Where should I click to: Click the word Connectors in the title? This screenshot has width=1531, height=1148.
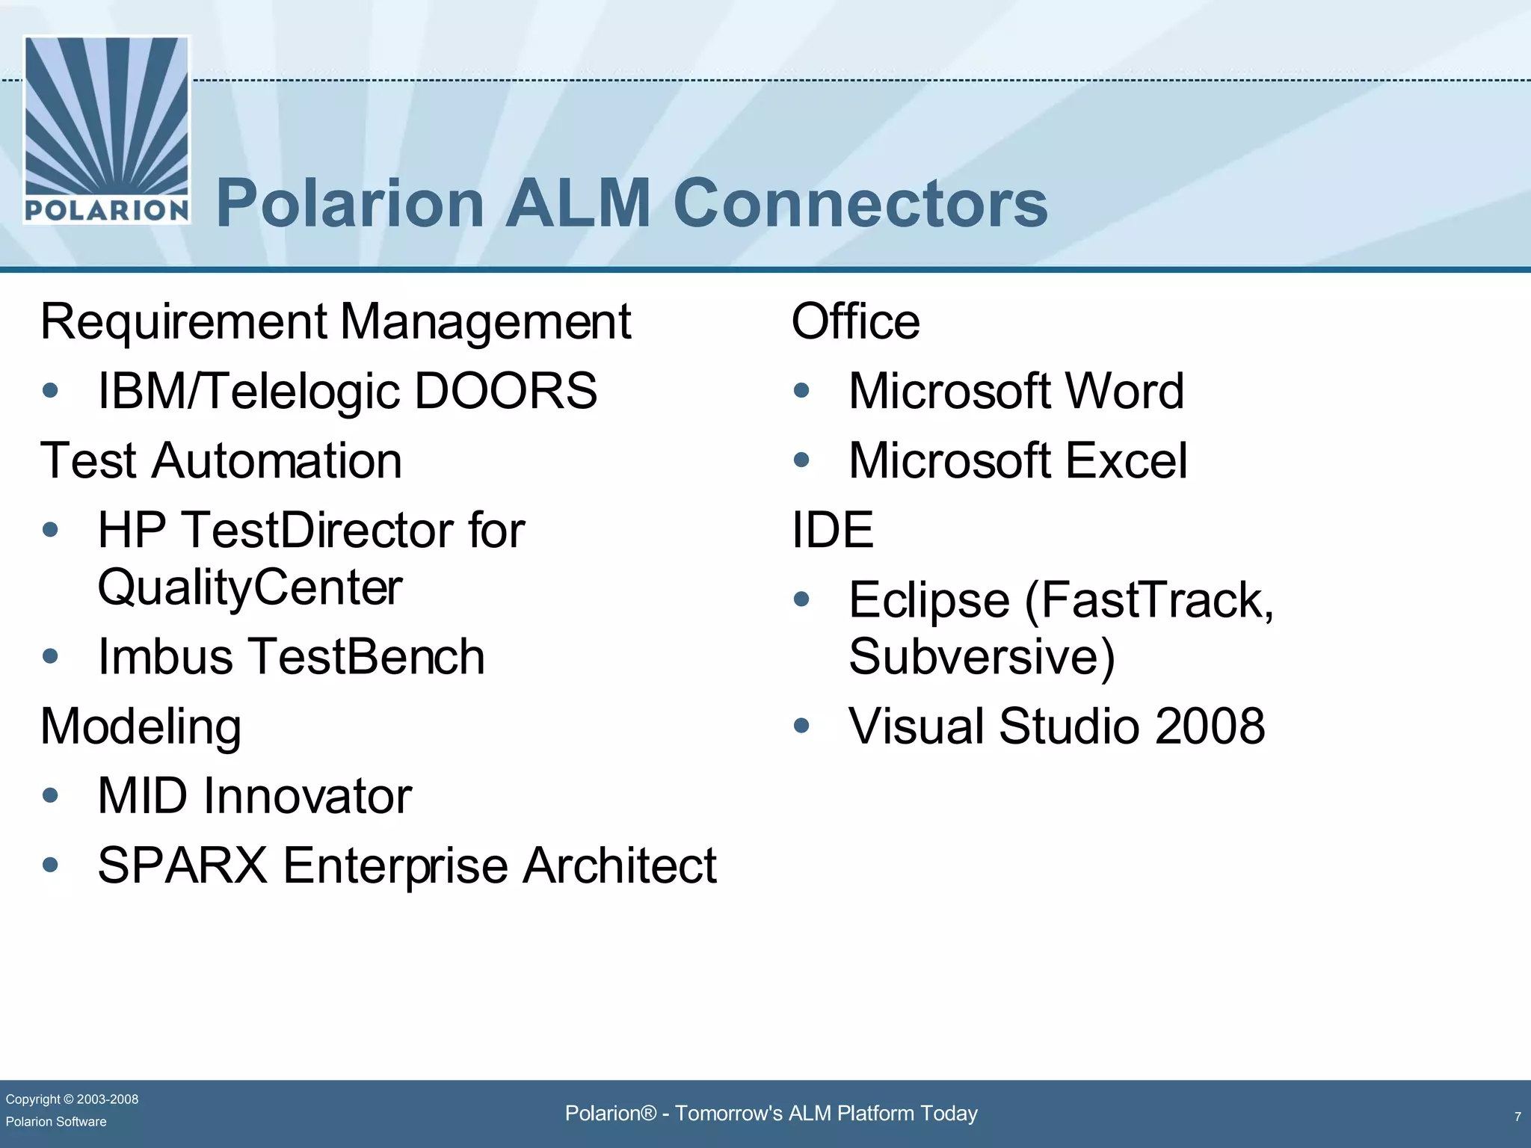tap(860, 203)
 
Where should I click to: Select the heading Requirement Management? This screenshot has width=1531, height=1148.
tap(336, 322)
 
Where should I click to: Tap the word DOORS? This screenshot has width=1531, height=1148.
tap(505, 391)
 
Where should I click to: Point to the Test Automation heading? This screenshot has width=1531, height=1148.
tap(221, 460)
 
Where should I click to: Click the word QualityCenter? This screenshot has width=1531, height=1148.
tap(250, 587)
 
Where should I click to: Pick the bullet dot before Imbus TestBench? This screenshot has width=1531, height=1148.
tap(51, 656)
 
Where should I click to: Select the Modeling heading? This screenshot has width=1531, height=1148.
tap(141, 726)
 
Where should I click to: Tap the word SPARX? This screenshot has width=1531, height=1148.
tap(182, 865)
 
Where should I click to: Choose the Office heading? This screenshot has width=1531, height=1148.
tap(855, 322)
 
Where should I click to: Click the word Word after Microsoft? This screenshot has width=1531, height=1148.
tap(1124, 391)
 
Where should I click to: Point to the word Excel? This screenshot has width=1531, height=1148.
tap(1126, 460)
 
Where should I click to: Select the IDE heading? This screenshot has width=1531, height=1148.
tap(832, 530)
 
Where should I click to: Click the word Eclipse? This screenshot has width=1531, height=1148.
tap(929, 600)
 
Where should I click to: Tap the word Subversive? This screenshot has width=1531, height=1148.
tap(972, 657)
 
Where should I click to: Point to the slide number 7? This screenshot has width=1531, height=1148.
tap(1518, 1117)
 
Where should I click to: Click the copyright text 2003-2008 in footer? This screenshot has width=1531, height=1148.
tap(107, 1099)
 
